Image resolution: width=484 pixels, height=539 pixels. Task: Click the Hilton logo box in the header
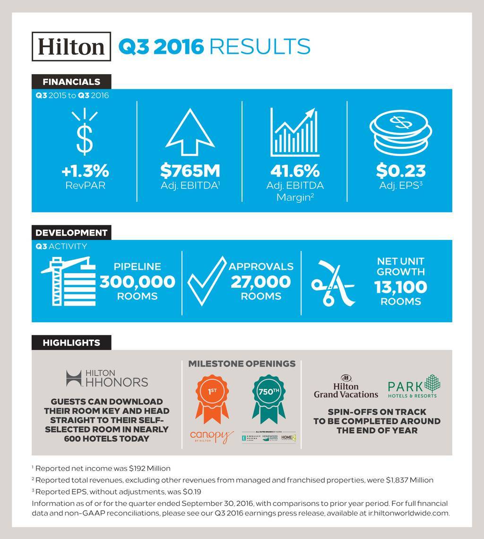click(x=71, y=46)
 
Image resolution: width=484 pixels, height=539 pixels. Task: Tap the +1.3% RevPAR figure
click(x=85, y=170)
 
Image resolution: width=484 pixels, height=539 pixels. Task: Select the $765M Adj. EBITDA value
click(x=190, y=170)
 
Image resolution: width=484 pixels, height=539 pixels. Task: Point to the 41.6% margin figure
click(x=295, y=170)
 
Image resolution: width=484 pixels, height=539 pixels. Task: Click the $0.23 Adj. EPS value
click(x=400, y=170)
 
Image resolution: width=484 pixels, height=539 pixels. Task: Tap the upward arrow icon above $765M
click(x=190, y=133)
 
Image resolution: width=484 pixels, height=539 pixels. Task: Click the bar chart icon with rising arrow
click(x=294, y=132)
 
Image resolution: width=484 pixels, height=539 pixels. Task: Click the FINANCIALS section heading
click(x=71, y=82)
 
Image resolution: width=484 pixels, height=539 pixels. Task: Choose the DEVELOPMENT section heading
click(x=71, y=232)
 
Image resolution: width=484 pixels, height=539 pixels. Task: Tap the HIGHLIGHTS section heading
click(x=71, y=342)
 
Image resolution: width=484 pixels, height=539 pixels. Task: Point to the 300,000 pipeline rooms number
click(x=137, y=282)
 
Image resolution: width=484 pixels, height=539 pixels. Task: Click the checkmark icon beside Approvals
click(x=207, y=282)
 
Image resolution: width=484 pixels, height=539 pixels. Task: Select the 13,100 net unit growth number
click(x=400, y=287)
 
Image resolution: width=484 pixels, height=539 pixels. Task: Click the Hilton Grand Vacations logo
click(x=346, y=386)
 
